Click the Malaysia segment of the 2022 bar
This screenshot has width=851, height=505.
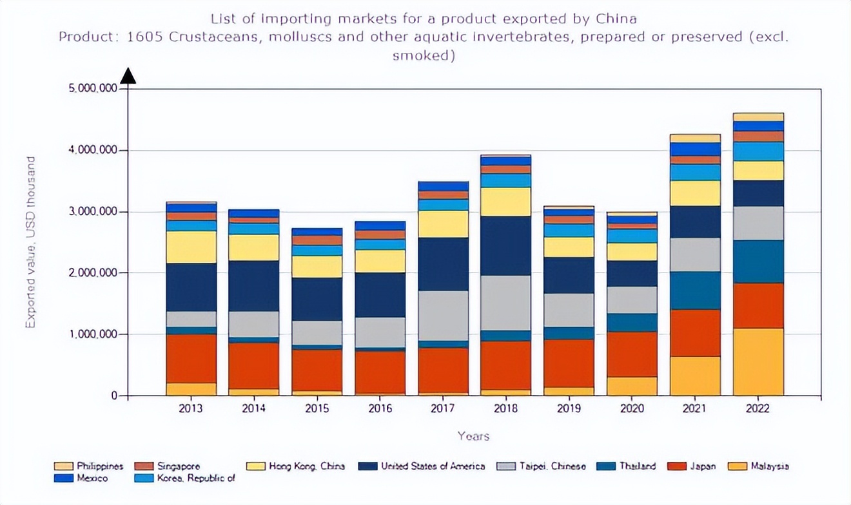tap(758, 361)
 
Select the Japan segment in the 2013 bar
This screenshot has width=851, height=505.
tap(191, 358)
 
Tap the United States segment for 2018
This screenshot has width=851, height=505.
tap(506, 245)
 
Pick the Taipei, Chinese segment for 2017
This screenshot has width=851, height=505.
tap(443, 316)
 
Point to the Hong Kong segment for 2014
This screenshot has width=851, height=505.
tap(254, 247)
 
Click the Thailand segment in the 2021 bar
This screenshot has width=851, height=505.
tap(695, 291)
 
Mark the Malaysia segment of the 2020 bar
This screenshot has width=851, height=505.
tap(632, 386)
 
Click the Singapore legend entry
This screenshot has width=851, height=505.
tap(178, 466)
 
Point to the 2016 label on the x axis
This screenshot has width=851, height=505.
tap(380, 409)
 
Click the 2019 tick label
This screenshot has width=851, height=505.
tap(569, 409)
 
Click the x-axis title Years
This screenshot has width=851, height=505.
tap(474, 436)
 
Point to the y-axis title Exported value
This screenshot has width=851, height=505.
tap(30, 242)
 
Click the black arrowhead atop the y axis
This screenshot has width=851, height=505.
tap(129, 76)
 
